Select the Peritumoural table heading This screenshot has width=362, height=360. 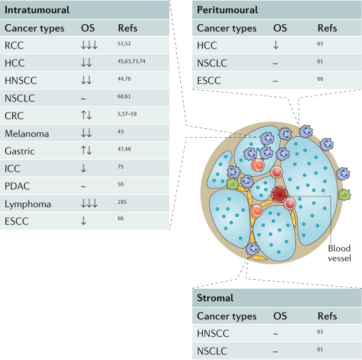coord(227,10)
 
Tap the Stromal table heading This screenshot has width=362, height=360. coord(215,298)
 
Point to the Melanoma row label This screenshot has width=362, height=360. coord(26,134)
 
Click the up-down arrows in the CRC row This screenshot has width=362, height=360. coord(86,116)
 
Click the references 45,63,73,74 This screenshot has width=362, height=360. coord(132,61)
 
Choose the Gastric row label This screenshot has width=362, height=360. coord(21,151)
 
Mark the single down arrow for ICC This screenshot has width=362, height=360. coord(83,168)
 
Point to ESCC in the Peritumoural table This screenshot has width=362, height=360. coord(209,81)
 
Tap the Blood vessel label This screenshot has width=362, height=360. coord(339,252)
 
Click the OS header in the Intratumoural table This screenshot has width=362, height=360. coord(88,28)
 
